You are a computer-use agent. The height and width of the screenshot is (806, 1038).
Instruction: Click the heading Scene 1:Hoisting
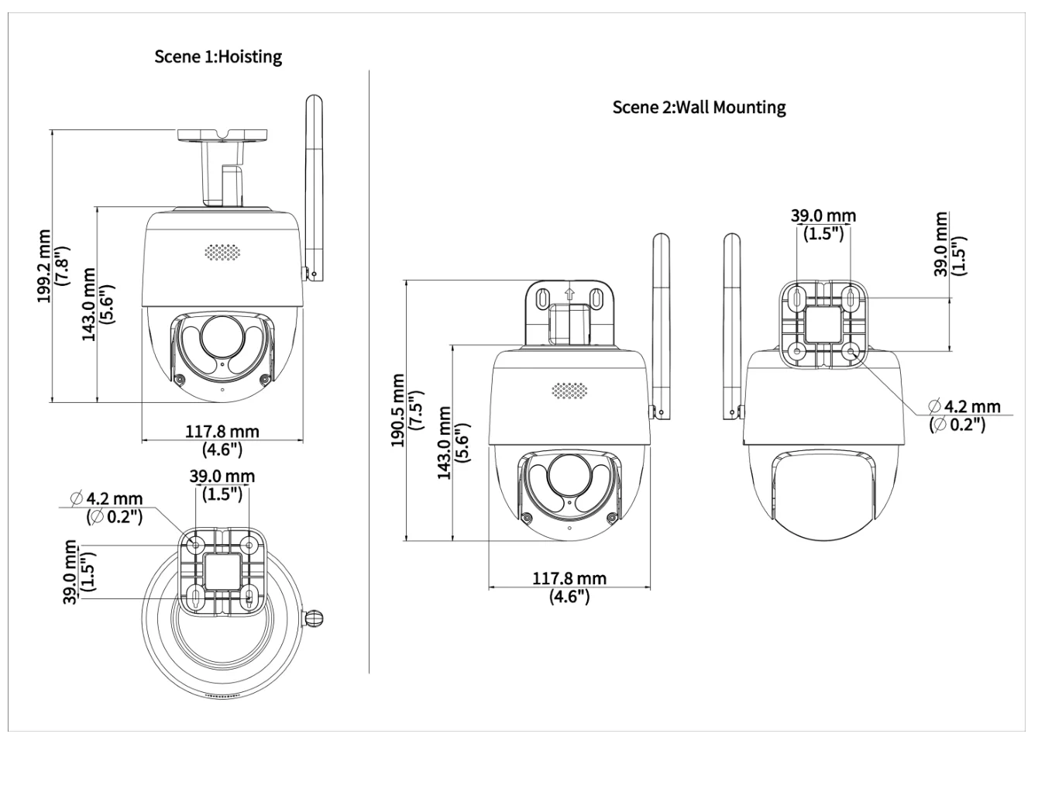click(218, 57)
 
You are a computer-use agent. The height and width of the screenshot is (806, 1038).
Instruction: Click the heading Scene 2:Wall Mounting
click(699, 107)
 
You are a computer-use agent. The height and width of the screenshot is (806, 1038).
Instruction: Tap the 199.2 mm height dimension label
click(45, 266)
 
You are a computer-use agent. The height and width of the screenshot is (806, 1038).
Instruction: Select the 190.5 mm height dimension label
click(398, 411)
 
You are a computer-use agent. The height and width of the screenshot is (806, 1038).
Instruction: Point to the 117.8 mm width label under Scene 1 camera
click(222, 432)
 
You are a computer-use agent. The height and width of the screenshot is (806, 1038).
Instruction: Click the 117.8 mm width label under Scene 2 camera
click(569, 579)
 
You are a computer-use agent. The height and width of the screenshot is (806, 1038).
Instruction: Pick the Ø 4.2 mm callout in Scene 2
click(964, 406)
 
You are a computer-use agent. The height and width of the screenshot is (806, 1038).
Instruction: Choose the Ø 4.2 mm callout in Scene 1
click(107, 498)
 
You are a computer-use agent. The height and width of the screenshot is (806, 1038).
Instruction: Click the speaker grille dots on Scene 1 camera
click(222, 253)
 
